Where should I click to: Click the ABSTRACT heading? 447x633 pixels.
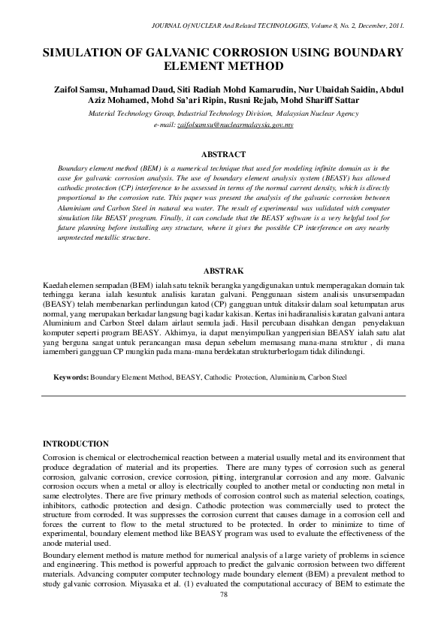point(223,153)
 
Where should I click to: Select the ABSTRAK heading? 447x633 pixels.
point(223,270)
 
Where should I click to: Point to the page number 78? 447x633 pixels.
point(223,595)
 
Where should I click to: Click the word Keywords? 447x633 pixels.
point(71,375)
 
